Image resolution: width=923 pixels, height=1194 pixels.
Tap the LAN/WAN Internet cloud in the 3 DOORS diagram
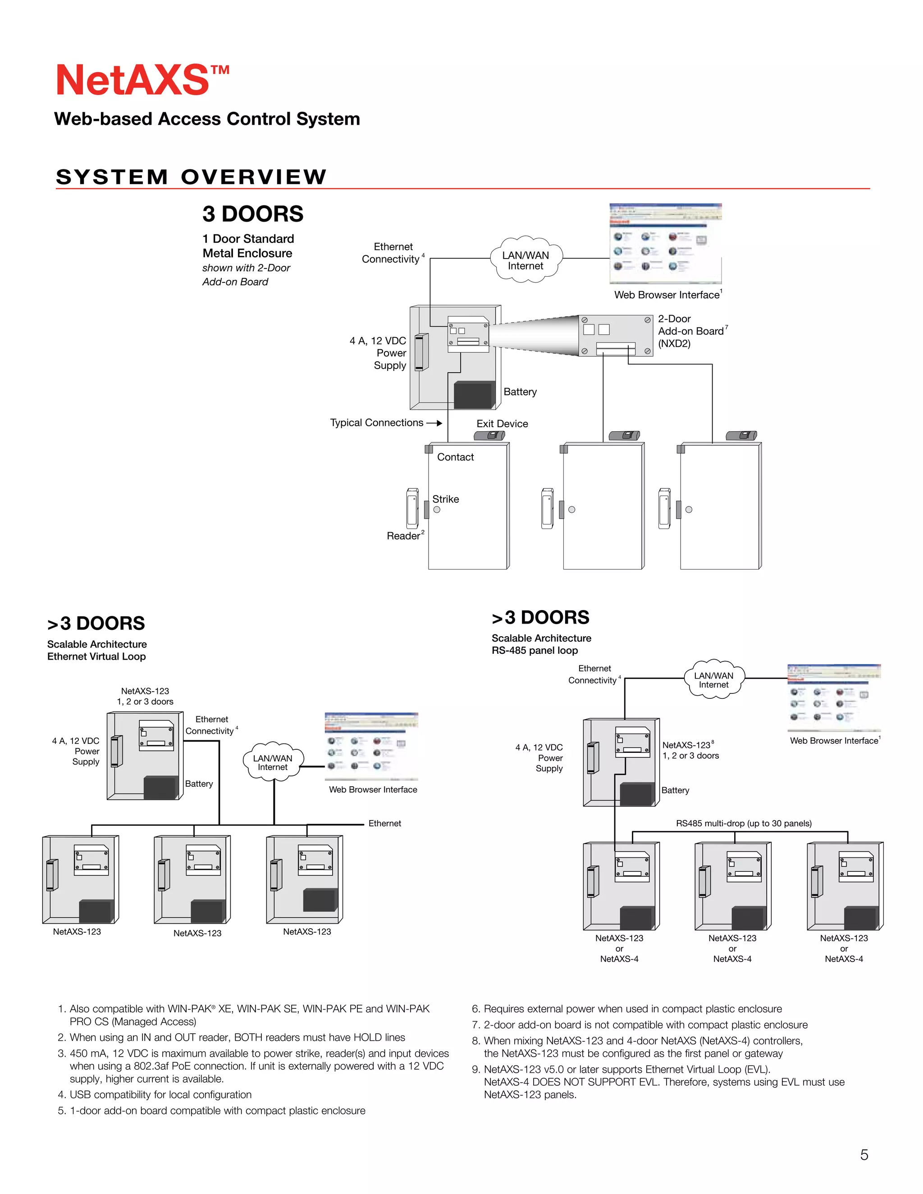click(x=525, y=260)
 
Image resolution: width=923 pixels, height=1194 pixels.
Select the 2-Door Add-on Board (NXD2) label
click(x=691, y=331)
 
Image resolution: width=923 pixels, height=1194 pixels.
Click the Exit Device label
click(x=502, y=424)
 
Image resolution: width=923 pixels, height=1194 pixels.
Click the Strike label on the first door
click(x=445, y=499)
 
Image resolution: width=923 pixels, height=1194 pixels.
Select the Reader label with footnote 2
click(x=404, y=536)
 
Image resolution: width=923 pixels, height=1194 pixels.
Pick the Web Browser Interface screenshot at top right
click(x=666, y=243)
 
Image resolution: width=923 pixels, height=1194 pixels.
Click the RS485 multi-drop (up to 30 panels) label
click(x=743, y=823)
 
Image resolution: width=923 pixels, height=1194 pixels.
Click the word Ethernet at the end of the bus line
click(x=384, y=823)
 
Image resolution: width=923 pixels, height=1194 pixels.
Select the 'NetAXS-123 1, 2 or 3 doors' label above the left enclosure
click(x=145, y=696)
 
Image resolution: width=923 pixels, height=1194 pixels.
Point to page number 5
click(x=864, y=1155)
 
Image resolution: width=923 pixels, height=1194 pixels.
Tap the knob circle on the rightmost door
click(x=689, y=510)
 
